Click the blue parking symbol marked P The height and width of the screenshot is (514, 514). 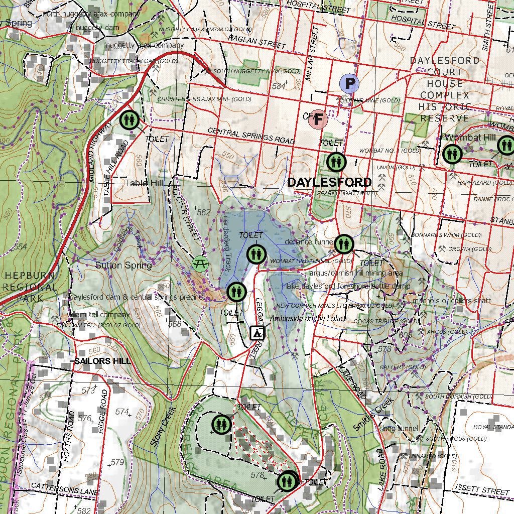(349, 83)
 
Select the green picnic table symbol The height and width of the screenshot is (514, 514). (200, 263)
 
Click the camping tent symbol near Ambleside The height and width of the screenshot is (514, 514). (256, 333)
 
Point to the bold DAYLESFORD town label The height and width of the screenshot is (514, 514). (330, 182)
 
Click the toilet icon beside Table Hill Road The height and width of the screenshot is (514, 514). (130, 120)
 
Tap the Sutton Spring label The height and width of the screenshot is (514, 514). (123, 265)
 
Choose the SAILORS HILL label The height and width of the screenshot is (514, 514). (102, 361)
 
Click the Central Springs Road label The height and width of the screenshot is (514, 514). (250, 136)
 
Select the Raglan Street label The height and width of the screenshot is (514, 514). (256, 42)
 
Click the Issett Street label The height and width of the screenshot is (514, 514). (482, 489)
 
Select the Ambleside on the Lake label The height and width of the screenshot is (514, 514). (307, 319)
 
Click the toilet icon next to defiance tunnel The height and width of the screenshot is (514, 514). (344, 244)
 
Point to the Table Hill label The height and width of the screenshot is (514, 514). (145, 183)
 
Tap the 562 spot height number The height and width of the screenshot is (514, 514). (203, 213)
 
